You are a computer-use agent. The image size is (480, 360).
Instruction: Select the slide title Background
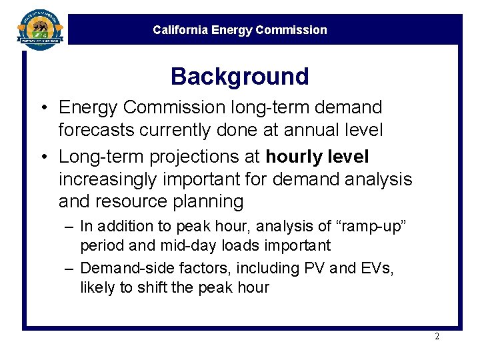click(x=240, y=77)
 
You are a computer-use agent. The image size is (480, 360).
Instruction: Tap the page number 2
click(x=437, y=336)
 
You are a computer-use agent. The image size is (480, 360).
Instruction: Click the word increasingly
click(x=114, y=179)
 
